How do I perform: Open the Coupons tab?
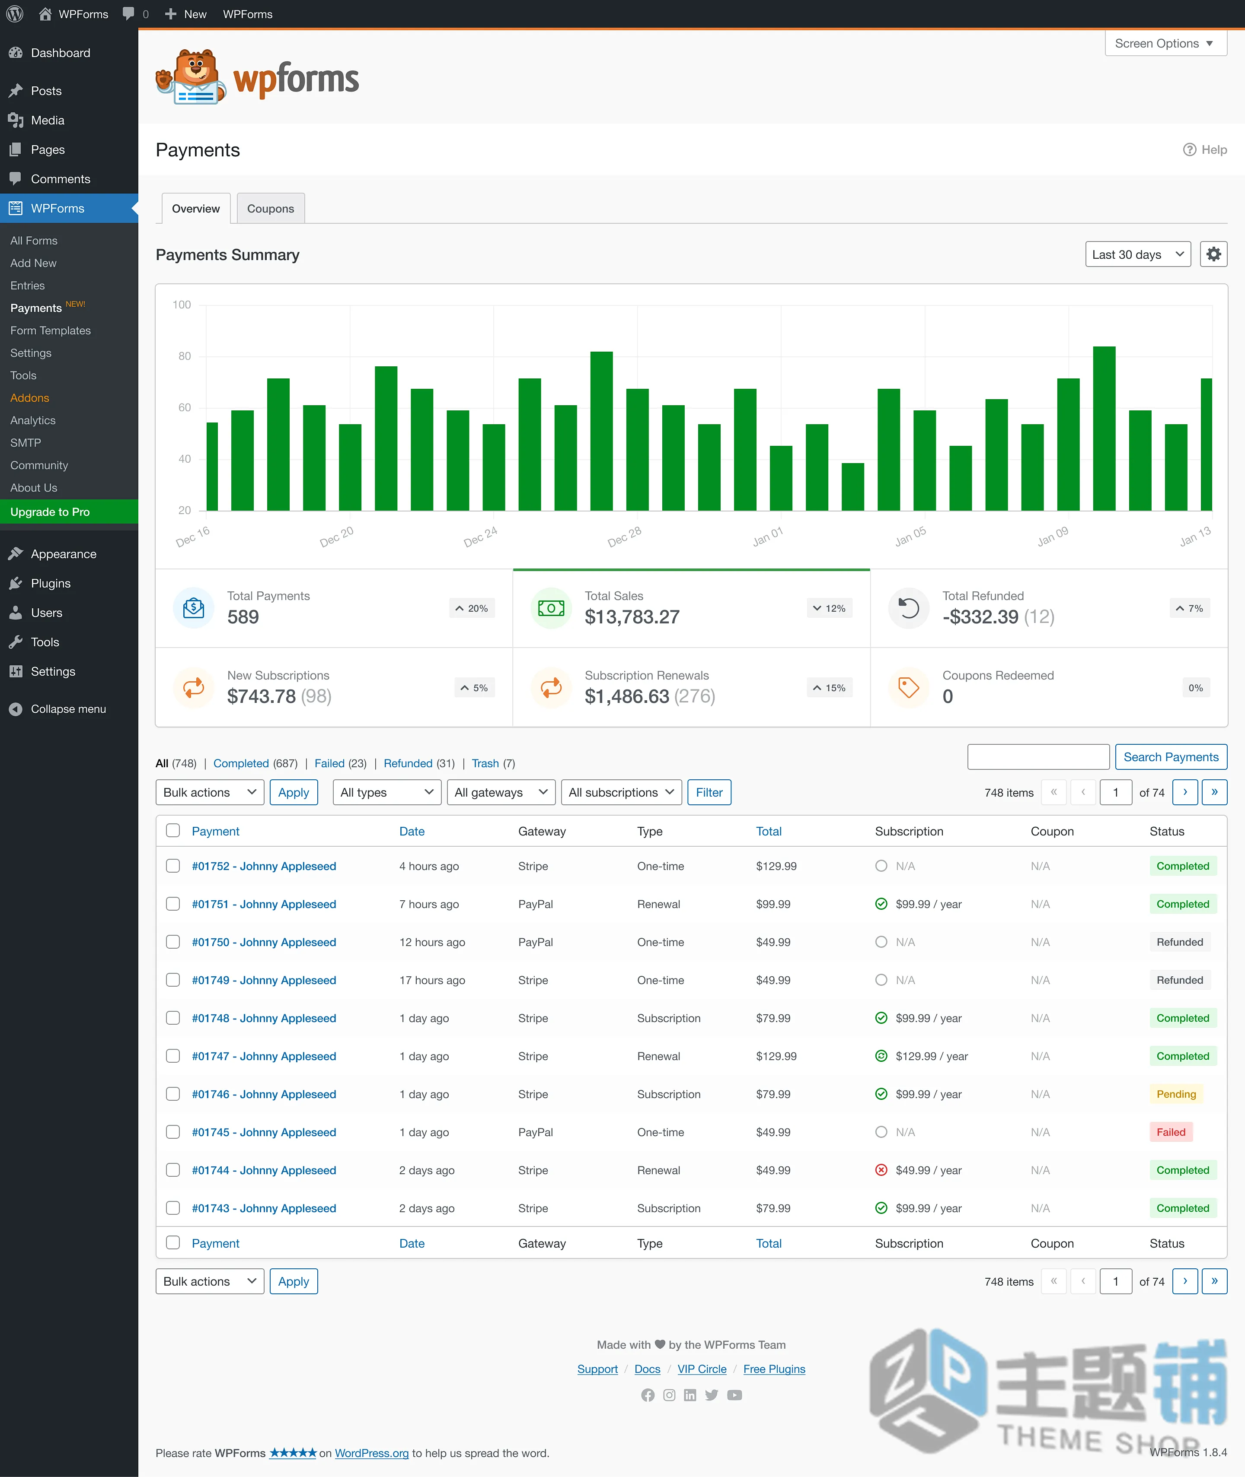click(270, 209)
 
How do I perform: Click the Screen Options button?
click(1165, 44)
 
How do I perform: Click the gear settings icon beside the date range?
click(1213, 254)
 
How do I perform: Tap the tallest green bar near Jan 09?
click(1104, 428)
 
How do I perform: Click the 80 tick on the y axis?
click(184, 356)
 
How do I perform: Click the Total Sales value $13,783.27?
click(632, 617)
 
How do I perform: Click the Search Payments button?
click(1171, 757)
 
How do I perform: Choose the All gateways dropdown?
click(501, 792)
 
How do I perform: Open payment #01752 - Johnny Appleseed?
click(264, 866)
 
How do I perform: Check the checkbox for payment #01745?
click(173, 1132)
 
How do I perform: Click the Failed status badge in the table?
click(1171, 1132)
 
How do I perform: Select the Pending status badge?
click(1176, 1094)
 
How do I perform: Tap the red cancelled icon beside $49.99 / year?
click(881, 1170)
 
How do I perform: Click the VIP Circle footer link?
click(702, 1369)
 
